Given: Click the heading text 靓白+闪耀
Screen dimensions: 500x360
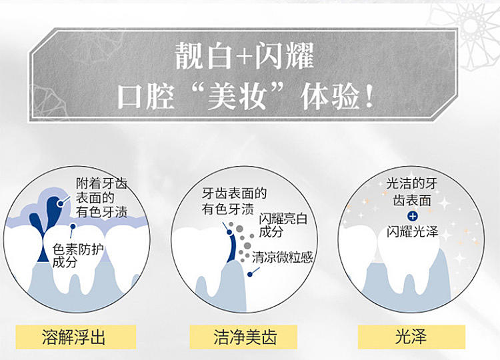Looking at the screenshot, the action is tap(245, 56).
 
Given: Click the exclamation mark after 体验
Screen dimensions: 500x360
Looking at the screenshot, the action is tap(369, 95).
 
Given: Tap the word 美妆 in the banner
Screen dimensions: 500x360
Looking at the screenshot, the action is tap(237, 95).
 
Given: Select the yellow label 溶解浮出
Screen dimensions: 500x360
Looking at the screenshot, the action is tap(76, 337).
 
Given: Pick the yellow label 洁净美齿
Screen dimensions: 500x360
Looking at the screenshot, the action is tap(243, 337).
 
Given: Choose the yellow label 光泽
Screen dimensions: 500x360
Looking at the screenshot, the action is tap(411, 337).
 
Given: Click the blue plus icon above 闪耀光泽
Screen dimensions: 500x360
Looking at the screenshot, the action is tap(413, 217).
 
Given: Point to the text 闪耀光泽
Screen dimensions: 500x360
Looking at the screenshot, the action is tap(413, 232).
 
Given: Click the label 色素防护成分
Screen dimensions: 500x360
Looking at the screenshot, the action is tap(78, 256).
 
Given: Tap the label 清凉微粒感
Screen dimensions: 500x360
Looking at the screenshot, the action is tap(282, 257).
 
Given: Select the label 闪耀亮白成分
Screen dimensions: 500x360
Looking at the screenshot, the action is tap(283, 225).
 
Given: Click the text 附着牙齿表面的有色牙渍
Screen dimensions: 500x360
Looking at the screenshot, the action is tap(102, 198).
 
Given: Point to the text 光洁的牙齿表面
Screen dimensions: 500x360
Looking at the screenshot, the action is tap(412, 192).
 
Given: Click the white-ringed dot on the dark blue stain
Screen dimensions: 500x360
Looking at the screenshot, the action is tap(60, 203).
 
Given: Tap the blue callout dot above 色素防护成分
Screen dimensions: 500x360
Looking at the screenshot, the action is tap(73, 227).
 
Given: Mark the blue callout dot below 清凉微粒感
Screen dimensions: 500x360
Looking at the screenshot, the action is tap(250, 274).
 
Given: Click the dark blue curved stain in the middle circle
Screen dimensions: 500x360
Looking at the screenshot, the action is tap(233, 245).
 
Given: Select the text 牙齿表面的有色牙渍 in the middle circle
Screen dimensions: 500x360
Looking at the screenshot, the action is tap(234, 201).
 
